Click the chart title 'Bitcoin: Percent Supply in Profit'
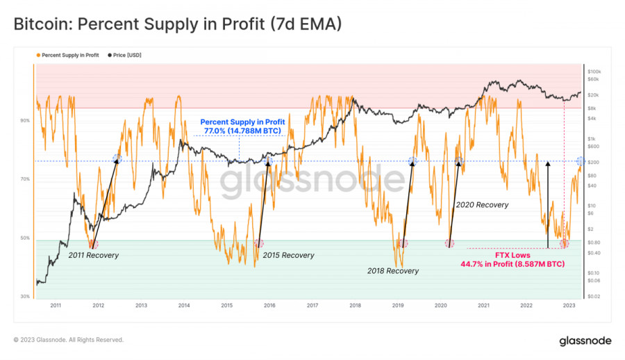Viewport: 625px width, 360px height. [x=177, y=25]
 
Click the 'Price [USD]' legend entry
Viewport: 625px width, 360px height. [x=128, y=54]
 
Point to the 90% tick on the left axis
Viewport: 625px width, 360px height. [x=25, y=120]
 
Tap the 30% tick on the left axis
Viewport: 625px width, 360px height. [x=25, y=297]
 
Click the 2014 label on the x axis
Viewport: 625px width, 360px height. [x=183, y=305]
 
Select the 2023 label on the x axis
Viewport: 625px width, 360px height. [x=569, y=305]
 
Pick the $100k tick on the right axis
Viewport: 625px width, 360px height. [x=594, y=72]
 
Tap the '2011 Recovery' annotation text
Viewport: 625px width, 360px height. [x=93, y=255]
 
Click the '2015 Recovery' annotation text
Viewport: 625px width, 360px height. [x=289, y=255]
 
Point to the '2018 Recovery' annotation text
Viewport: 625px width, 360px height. [x=393, y=271]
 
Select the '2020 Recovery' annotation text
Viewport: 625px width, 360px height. [x=482, y=205]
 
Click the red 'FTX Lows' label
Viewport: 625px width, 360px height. [x=513, y=255]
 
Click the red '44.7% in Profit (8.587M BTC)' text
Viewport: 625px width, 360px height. [x=512, y=264]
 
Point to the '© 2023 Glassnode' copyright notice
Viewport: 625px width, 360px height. [x=69, y=340]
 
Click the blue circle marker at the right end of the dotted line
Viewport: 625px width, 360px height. [x=581, y=161]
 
